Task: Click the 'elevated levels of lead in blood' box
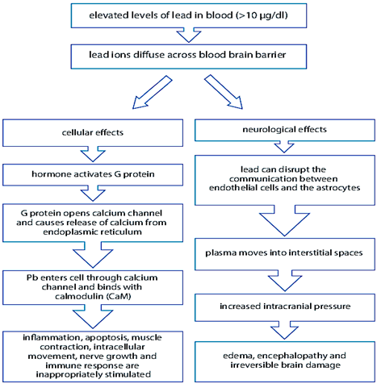[189, 15]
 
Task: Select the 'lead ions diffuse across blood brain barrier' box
[189, 56]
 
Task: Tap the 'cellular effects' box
[93, 133]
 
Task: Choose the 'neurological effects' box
[285, 130]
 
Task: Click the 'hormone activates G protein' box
[93, 175]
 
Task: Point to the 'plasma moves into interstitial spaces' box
[285, 254]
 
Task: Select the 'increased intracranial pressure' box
[285, 307]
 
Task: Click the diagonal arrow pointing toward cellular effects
[152, 92]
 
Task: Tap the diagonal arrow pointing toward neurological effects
[224, 92]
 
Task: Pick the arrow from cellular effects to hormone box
[93, 155]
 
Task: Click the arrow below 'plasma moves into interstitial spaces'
[285, 282]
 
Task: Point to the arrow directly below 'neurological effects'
[284, 148]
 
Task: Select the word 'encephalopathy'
[292, 356]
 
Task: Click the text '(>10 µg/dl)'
[262, 15]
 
